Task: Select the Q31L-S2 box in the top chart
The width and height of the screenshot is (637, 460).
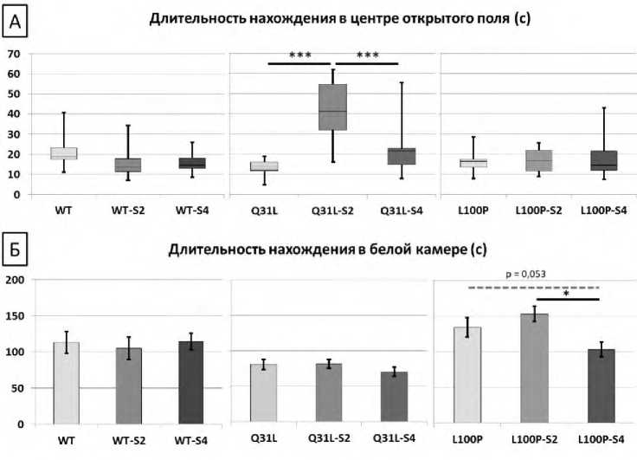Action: coord(332,107)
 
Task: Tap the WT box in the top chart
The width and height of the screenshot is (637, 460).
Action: coord(63,153)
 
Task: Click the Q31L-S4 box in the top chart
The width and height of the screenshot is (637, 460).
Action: coord(401,156)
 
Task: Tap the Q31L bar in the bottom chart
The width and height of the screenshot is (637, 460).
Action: coord(263,394)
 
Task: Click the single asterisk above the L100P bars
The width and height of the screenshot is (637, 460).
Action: coord(568,294)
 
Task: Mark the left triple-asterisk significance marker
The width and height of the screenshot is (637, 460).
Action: coord(300,55)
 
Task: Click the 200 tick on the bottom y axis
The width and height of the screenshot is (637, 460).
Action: coord(14,280)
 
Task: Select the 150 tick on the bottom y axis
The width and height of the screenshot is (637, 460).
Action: coord(14,316)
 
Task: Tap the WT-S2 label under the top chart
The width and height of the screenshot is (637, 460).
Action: coord(128,210)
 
